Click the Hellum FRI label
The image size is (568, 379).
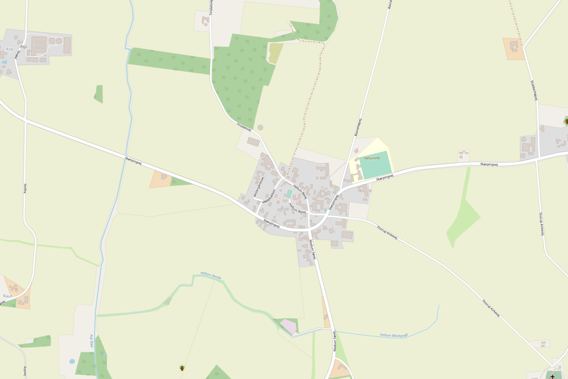(372, 158)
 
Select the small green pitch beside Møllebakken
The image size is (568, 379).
(289, 194)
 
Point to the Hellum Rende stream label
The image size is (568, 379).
(211, 275)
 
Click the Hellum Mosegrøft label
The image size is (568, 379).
(393, 335)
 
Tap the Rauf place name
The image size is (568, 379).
(8, 296)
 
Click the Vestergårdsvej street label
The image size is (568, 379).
(258, 186)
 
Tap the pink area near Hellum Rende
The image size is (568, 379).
(288, 326)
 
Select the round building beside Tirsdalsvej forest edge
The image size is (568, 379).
(260, 127)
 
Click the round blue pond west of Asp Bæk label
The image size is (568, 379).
(72, 361)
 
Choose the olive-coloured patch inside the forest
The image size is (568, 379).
(275, 53)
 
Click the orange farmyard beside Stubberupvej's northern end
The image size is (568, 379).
(514, 49)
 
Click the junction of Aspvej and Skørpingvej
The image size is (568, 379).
(25, 120)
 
